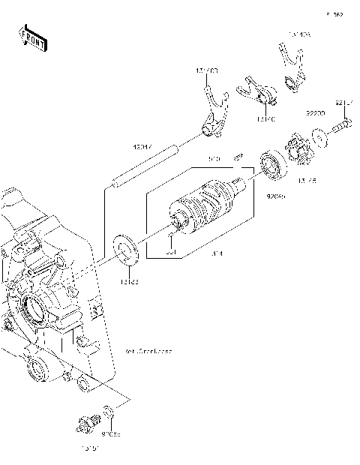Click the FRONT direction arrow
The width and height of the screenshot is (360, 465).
tap(32, 38)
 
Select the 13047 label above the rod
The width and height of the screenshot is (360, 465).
tap(144, 146)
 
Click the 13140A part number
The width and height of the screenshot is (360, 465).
tap(300, 34)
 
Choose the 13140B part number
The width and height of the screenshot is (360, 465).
tap(207, 70)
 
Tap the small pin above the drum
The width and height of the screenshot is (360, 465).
tap(236, 157)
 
